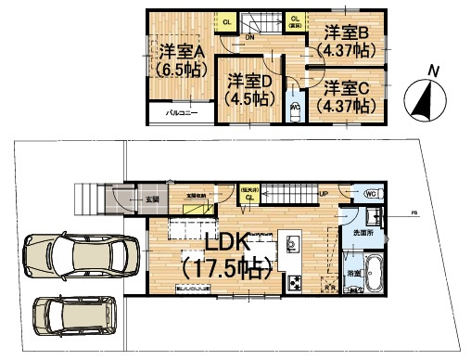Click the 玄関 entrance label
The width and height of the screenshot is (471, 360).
(150, 198)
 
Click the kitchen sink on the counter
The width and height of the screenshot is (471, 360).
(291, 244)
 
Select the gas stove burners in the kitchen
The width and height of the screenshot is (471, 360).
(294, 281)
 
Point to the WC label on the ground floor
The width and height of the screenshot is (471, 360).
(368, 195)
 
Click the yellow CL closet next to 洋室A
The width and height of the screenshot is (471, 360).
(227, 21)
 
